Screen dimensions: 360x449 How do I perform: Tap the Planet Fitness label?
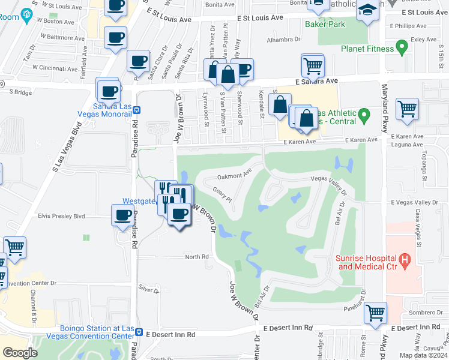368,49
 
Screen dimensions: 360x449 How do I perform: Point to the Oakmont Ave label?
234,176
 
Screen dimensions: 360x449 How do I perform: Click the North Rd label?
196,257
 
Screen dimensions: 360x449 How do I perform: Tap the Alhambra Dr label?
285,39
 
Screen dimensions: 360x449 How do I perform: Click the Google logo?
20,353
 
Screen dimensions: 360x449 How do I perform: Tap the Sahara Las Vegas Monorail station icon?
136,110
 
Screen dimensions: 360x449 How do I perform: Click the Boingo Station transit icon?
139,332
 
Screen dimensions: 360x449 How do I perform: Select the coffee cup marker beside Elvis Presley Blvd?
123,215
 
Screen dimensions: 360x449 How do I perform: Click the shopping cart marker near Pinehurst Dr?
375,311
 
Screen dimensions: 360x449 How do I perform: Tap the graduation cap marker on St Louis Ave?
368,11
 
